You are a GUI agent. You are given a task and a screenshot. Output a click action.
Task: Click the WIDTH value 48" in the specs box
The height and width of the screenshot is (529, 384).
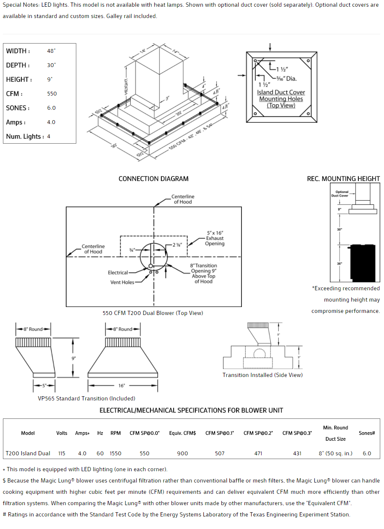point(52,51)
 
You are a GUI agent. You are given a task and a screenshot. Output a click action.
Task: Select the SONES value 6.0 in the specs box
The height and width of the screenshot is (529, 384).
point(52,108)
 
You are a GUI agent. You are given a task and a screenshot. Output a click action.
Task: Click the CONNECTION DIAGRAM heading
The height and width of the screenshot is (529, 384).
point(153,179)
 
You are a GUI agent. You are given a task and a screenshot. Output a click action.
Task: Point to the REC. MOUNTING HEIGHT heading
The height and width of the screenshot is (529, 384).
point(343,179)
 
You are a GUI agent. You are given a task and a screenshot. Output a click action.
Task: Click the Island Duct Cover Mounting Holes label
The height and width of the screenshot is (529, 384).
point(281,99)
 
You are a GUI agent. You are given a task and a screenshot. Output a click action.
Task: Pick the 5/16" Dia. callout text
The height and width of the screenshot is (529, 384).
point(286,78)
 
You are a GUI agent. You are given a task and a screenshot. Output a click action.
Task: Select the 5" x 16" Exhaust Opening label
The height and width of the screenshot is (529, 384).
point(215,238)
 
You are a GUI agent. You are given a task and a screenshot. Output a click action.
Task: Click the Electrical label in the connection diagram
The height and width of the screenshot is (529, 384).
point(118,273)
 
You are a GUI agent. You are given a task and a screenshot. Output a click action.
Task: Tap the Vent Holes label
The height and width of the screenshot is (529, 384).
point(122,282)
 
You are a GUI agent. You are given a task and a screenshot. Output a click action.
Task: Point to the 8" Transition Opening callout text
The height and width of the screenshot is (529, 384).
point(203,274)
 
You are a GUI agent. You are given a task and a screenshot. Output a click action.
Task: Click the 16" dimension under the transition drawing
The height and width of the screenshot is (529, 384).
point(122,385)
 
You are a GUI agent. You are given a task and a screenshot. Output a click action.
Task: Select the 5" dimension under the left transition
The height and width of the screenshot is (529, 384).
point(44,385)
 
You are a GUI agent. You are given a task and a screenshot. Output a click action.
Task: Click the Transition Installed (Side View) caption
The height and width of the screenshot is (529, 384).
point(262,375)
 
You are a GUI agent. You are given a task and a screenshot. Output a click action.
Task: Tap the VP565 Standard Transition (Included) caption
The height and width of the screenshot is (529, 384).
point(86,398)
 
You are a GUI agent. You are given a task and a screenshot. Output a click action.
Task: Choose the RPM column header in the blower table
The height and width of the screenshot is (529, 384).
point(115,433)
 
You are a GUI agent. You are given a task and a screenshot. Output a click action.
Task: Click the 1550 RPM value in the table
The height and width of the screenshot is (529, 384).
point(115,453)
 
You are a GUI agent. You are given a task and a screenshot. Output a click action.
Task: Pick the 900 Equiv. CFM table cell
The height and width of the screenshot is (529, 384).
point(182,453)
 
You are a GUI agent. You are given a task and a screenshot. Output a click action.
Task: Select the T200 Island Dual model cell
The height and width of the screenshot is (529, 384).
point(28,453)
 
